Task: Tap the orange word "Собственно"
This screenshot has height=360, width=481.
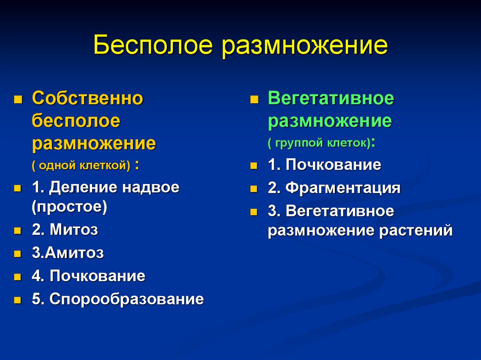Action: click(87, 99)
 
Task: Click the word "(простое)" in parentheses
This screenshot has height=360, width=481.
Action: click(70, 207)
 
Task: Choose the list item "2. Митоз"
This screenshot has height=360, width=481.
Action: click(65, 230)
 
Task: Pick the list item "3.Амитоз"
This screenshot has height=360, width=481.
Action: click(68, 253)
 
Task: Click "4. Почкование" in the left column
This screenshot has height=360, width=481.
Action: click(88, 276)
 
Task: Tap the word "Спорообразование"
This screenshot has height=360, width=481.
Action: click(126, 299)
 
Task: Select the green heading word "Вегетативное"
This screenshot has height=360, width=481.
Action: click(331, 99)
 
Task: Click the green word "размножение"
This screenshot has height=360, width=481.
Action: click(330, 122)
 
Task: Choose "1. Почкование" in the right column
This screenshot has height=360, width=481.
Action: click(324, 165)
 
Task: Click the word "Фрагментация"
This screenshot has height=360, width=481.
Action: click(342, 188)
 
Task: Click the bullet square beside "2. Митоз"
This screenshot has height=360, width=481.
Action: click(17, 231)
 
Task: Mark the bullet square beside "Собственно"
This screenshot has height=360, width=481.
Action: click(17, 100)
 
